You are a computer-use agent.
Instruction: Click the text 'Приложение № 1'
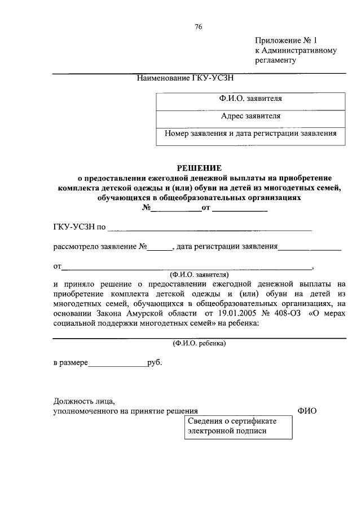point(286,41)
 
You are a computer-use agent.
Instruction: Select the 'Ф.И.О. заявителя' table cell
point(251,99)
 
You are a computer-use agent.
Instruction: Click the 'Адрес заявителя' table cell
point(251,116)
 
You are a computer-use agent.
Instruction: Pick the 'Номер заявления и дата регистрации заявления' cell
point(251,134)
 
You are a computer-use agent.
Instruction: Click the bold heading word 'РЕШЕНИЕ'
point(200,168)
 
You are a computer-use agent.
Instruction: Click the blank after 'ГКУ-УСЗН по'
point(209,228)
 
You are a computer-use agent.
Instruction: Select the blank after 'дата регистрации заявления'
point(310,247)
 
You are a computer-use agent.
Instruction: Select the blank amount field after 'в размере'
point(117,363)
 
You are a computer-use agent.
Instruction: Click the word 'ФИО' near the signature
point(307,411)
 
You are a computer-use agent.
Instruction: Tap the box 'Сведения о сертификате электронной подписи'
point(239,427)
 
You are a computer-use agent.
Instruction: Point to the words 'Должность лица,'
point(84,401)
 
